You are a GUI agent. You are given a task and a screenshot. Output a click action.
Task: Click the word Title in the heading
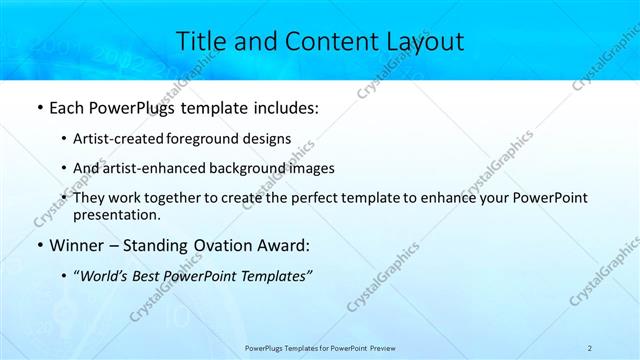203,41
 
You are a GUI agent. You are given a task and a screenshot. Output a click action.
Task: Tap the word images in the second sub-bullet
311,168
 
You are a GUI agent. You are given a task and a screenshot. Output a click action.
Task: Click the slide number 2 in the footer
590,347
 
